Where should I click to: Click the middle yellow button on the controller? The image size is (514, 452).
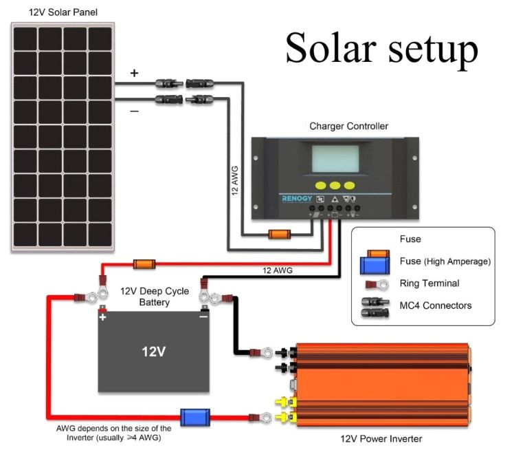point(334,186)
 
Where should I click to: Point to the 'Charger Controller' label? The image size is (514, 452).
point(348,126)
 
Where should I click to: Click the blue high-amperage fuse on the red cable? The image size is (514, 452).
point(195,417)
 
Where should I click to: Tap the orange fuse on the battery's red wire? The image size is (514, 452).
point(144,264)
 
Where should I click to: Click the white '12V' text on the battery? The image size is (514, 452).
point(153,352)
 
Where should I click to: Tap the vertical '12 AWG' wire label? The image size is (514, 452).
point(234,183)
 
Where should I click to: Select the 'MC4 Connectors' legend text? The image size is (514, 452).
point(436,305)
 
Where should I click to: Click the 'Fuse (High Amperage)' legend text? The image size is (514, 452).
point(445,261)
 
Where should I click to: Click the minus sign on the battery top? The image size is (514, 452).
point(203,317)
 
